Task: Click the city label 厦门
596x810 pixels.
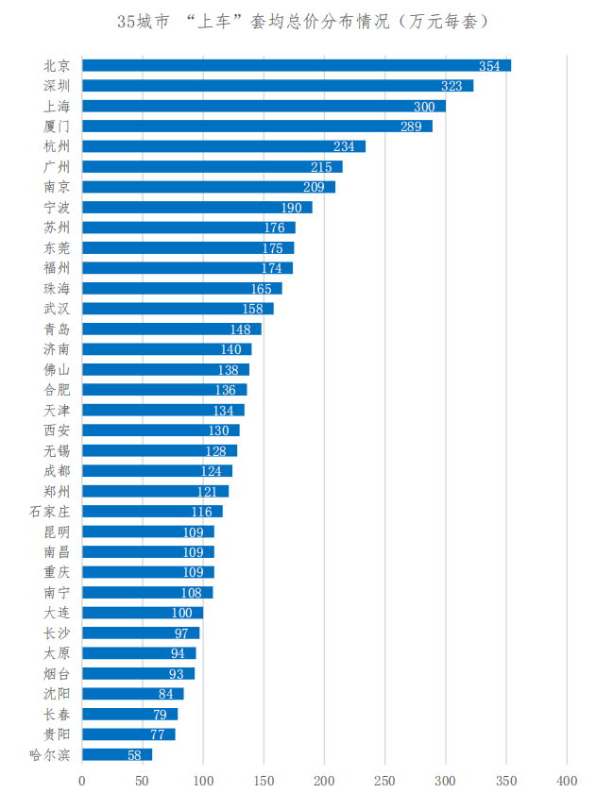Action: pos(57,126)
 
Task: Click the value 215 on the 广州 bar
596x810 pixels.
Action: pos(321,166)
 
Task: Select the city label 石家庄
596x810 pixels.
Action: pos(49,511)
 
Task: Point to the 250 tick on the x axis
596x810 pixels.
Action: pos(385,782)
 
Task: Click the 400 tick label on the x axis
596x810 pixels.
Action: pos(567,782)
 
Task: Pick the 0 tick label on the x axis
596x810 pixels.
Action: pos(82,782)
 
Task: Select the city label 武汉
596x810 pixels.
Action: pos(57,309)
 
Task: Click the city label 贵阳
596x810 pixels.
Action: pos(57,734)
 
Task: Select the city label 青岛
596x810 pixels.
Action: pos(57,329)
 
